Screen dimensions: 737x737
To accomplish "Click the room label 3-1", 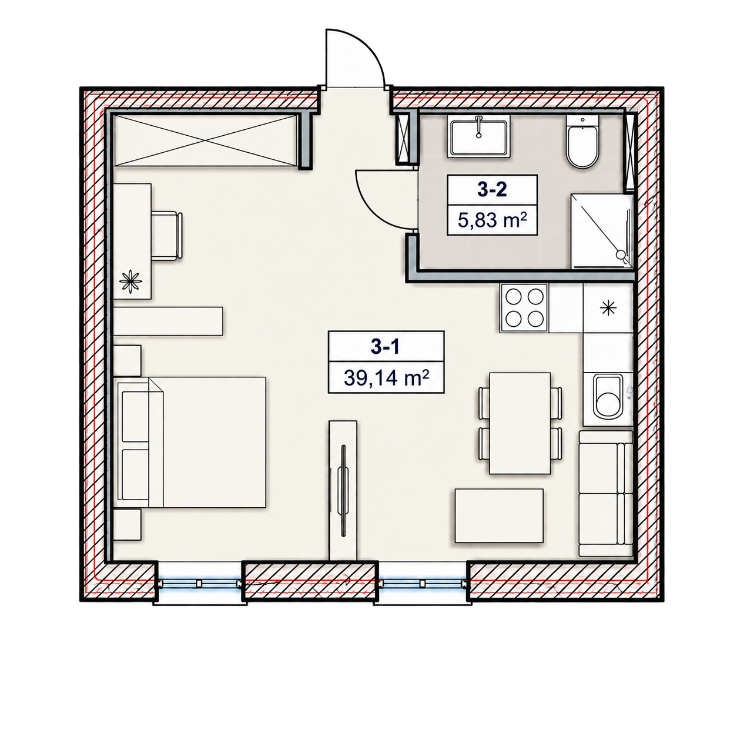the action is coord(385,347).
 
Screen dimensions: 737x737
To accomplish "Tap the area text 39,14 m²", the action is coord(386,378).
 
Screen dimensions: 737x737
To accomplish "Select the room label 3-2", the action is coord(492,190).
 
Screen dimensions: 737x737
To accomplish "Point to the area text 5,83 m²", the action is coord(493,220).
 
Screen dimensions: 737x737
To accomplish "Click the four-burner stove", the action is coord(524,307).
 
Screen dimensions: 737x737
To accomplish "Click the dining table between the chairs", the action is coord(520,423).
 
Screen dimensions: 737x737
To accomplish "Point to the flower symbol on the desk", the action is coord(131,282).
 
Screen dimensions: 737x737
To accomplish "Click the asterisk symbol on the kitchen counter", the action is coord(608,308).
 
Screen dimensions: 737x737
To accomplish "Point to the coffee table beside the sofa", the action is coord(499,515).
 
